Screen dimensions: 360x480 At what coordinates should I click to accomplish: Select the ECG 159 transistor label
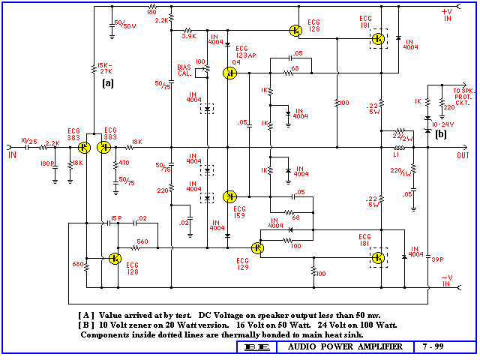(x=239, y=210)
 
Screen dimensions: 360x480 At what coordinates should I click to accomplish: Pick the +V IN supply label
(x=447, y=15)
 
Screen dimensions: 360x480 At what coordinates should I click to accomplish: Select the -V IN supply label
(x=448, y=280)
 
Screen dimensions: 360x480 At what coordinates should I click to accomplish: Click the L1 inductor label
(x=397, y=155)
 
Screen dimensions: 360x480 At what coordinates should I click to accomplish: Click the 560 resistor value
(x=142, y=241)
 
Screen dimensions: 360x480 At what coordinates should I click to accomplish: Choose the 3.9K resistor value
(x=189, y=36)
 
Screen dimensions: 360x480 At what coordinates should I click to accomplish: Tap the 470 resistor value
(x=124, y=162)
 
